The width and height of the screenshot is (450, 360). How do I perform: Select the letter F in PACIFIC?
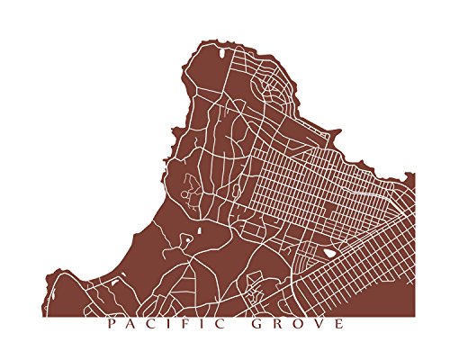click(185, 324)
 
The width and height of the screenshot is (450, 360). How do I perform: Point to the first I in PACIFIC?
click(169, 324)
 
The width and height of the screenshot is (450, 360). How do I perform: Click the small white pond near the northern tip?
click(222, 63)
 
